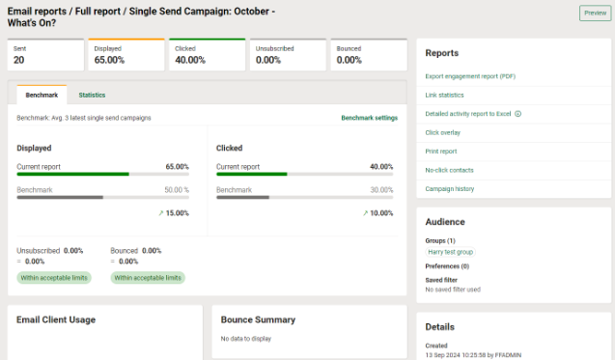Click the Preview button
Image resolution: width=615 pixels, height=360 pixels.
point(593,13)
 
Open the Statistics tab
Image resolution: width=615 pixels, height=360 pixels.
point(92,95)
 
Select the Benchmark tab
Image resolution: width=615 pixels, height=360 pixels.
point(42,95)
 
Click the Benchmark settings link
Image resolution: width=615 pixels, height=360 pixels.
point(369,118)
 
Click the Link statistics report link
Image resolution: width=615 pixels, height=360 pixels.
point(444,96)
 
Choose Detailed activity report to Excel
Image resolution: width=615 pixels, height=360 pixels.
point(468,114)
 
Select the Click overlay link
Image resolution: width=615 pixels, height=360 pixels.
point(442,132)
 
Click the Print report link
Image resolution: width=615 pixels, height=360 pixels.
point(441,151)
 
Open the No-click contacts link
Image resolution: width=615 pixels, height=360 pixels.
point(448,170)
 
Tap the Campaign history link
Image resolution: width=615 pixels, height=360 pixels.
point(450,188)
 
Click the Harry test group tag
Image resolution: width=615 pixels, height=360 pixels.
point(451,252)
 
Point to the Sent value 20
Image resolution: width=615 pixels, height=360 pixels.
point(19,60)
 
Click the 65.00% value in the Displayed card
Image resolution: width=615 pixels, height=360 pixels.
point(110,60)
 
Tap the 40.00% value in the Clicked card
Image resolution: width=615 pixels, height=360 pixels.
point(191,60)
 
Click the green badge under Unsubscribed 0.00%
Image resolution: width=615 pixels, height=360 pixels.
point(53,277)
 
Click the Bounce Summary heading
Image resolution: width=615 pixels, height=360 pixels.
point(258,319)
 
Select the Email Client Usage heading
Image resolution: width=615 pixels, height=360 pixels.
point(56,319)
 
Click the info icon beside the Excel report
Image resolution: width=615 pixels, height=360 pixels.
point(518,114)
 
